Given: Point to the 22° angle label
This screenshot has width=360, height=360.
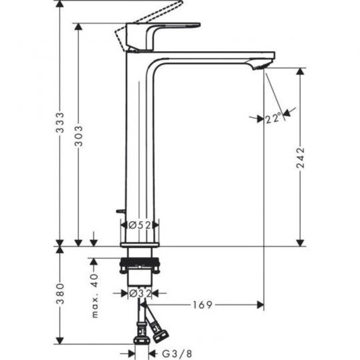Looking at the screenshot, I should (x=274, y=119).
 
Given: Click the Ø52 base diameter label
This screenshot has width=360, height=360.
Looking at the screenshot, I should (x=138, y=225).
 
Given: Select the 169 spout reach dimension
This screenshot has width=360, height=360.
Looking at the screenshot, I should (x=203, y=304).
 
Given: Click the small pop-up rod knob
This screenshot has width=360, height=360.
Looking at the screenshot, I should (x=119, y=212).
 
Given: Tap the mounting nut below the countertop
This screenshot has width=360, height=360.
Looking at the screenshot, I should (x=138, y=267).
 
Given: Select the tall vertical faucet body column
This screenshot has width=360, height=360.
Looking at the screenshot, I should (x=138, y=144).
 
